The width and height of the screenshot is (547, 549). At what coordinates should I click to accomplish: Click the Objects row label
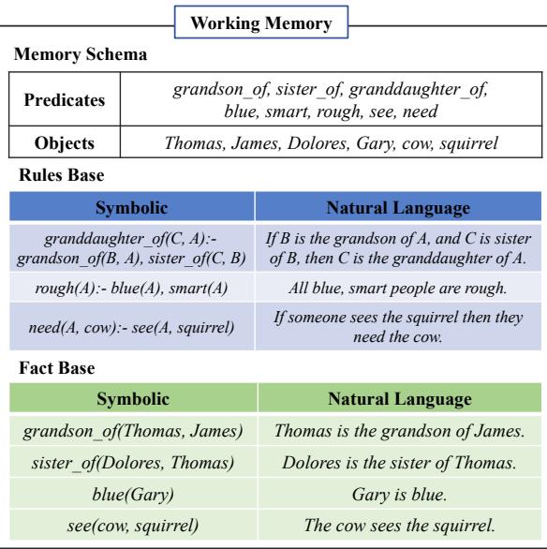click(65, 145)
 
